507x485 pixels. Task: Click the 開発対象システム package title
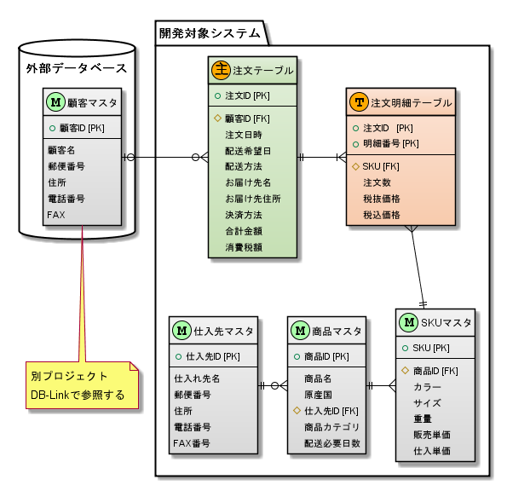coord(210,33)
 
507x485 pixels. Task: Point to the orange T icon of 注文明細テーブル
coord(358,102)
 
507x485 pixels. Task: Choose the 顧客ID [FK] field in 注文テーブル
coord(247,118)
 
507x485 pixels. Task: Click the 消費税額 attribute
coord(243,246)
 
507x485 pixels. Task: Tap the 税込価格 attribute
coord(381,215)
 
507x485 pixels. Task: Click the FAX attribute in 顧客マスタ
coord(56,214)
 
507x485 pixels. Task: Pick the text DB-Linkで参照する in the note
coord(78,395)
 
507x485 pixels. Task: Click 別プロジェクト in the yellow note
coord(70,376)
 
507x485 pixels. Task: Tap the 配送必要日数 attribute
coord(332,443)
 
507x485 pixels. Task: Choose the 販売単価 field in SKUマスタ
coord(432,435)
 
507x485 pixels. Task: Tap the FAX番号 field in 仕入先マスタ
coord(193,443)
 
